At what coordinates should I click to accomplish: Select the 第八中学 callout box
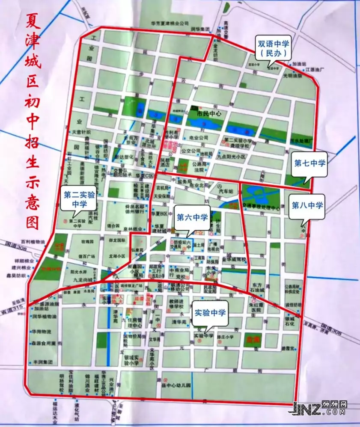[x=307, y=206]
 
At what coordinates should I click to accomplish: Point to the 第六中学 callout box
[x=192, y=218]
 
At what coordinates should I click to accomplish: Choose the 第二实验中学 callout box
[x=79, y=199]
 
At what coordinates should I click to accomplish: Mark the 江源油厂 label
[x=316, y=69]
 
